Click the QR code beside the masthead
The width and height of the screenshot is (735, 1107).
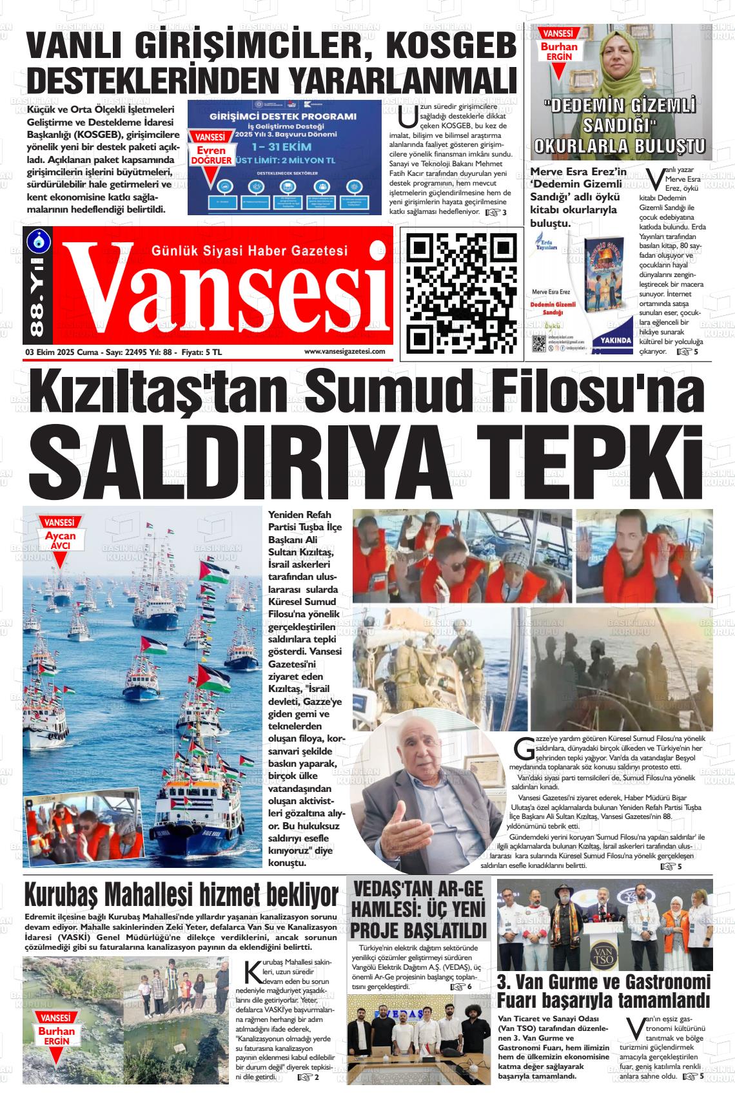tap(462, 291)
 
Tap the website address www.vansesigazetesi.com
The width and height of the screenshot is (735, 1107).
tap(344, 351)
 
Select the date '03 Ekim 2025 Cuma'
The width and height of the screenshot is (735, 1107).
tap(61, 352)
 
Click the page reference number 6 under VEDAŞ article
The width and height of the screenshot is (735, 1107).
tap(469, 987)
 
